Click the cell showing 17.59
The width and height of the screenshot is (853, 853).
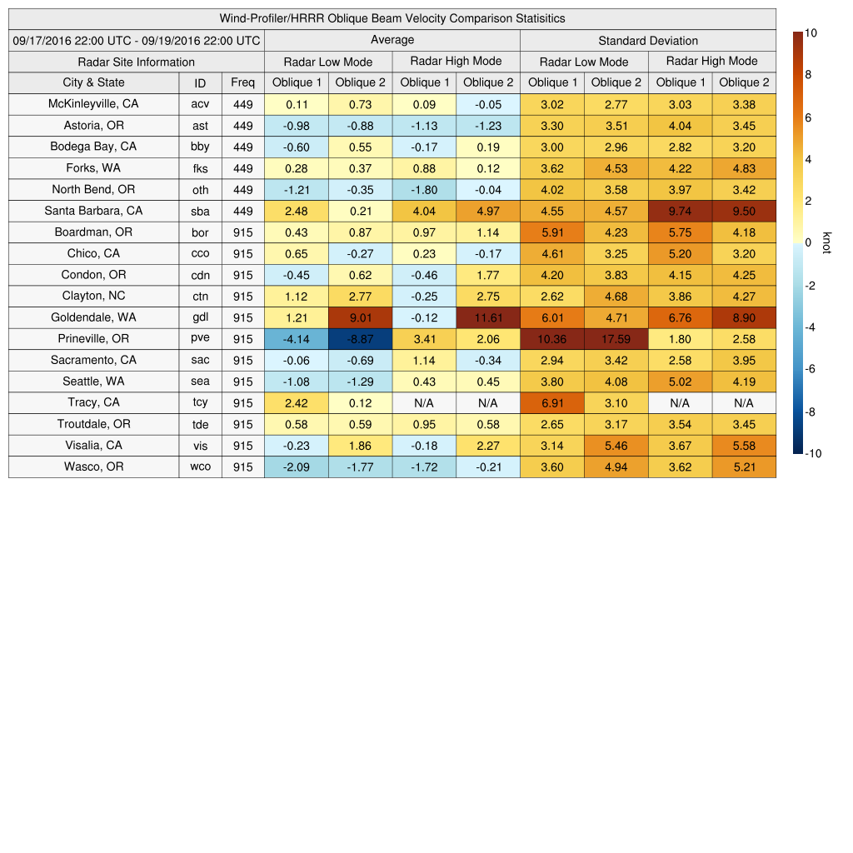(616, 339)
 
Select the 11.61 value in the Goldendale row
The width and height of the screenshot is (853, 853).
(488, 317)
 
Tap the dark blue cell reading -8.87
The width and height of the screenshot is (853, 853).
(360, 339)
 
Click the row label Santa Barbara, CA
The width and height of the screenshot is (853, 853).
(93, 211)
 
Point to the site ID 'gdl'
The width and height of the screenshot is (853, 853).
(200, 317)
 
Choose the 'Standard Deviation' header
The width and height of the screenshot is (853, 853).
(648, 40)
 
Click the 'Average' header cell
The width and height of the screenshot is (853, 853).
(392, 40)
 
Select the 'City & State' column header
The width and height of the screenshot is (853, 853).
(93, 82)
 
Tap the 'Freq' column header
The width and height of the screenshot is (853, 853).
(242, 82)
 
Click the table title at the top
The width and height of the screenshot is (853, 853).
(392, 18)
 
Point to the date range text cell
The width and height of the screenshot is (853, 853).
(137, 40)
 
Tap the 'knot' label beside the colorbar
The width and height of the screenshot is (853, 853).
(826, 242)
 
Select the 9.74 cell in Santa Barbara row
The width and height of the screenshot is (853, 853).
(680, 211)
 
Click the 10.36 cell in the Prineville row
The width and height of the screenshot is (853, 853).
(552, 339)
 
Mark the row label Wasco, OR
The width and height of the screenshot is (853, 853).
(93, 466)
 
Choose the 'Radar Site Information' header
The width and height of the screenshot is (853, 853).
(136, 62)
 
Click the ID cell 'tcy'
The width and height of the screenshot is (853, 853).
(200, 402)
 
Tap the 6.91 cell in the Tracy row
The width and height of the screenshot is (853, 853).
(552, 402)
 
